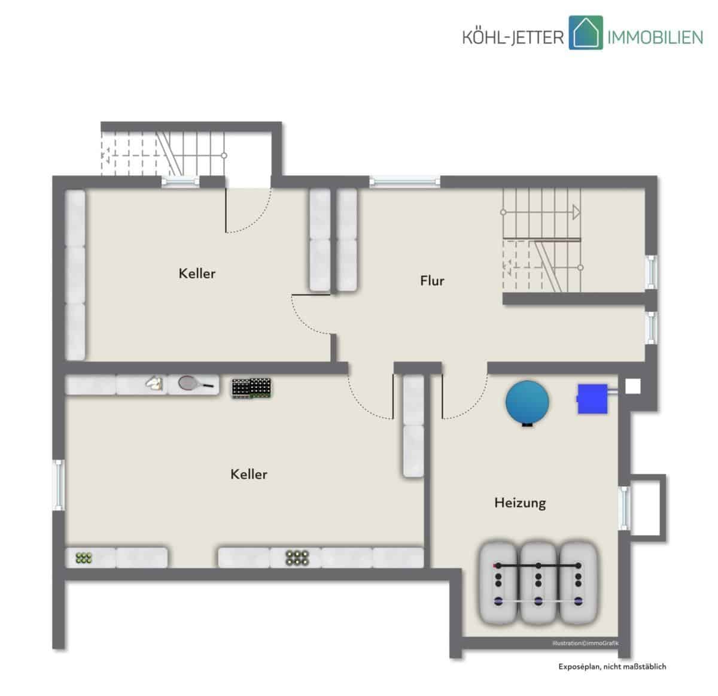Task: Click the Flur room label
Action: pos(432,281)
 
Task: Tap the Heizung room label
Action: pos(520,503)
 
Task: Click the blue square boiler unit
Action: pos(592,399)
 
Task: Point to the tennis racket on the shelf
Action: pos(196,384)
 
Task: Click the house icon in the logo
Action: pos(586,32)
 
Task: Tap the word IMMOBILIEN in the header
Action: pos(655,38)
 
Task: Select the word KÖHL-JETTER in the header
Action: pos(513,37)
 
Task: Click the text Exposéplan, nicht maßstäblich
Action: pos(612,667)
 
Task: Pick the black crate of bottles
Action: pos(251,388)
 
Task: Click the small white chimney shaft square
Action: pos(633,387)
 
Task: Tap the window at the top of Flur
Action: pos(404,181)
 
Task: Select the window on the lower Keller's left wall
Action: pos(58,485)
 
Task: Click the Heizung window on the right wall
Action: pos(624,508)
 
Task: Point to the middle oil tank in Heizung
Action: pos(538,583)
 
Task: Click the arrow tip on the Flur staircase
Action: pos(580,212)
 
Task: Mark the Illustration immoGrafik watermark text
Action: pos(585,643)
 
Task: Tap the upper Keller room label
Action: pos(197,273)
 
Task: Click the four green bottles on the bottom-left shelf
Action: pos(84,558)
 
